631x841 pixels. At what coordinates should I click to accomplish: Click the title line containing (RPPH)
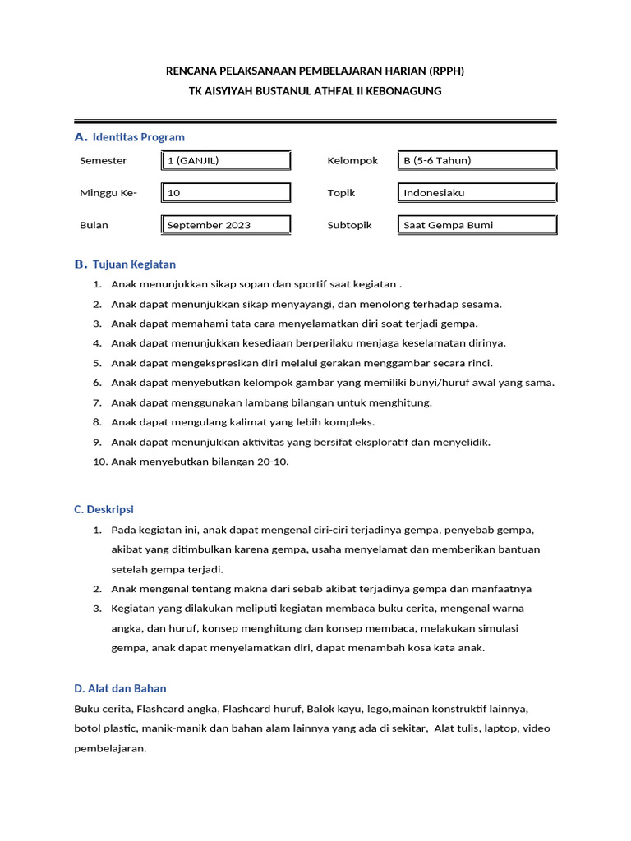[x=315, y=71]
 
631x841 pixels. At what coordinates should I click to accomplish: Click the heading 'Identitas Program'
[x=138, y=137]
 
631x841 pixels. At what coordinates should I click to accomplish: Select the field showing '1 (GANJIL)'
[x=225, y=161]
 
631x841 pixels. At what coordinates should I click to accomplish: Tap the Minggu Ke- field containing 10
[x=225, y=193]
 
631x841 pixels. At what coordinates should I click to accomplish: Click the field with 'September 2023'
[x=225, y=225]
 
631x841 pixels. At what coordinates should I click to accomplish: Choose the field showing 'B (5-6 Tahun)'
[x=477, y=161]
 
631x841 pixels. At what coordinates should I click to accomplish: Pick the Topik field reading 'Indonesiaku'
[x=477, y=193]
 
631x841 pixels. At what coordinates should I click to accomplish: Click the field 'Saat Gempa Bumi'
[x=477, y=225]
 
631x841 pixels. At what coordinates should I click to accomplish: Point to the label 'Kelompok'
[x=352, y=161]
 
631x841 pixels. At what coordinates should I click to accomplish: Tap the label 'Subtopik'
[x=350, y=225]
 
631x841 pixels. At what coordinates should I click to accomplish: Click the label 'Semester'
[x=104, y=161]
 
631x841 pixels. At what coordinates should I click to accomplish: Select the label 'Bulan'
[x=94, y=225]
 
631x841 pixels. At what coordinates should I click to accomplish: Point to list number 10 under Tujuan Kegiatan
[x=99, y=462]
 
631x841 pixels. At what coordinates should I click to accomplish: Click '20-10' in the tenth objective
[x=272, y=462]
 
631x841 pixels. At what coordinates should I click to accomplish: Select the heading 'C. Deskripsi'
[x=104, y=510]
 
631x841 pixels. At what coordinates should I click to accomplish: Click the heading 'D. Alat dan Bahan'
[x=120, y=688]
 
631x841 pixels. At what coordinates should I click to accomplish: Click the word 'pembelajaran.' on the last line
[x=110, y=748]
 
